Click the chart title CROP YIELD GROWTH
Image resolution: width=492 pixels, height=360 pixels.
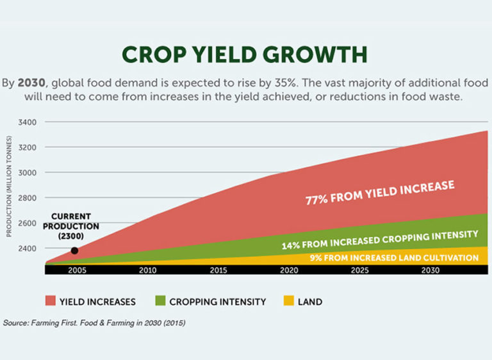[246, 54]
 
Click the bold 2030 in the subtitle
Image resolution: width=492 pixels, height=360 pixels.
[32, 83]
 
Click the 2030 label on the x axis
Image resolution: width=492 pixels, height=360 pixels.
[430, 270]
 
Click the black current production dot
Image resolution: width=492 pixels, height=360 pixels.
[74, 250]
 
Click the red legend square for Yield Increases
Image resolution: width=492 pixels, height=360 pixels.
[50, 301]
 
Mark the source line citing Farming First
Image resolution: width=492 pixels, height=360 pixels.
[94, 323]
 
